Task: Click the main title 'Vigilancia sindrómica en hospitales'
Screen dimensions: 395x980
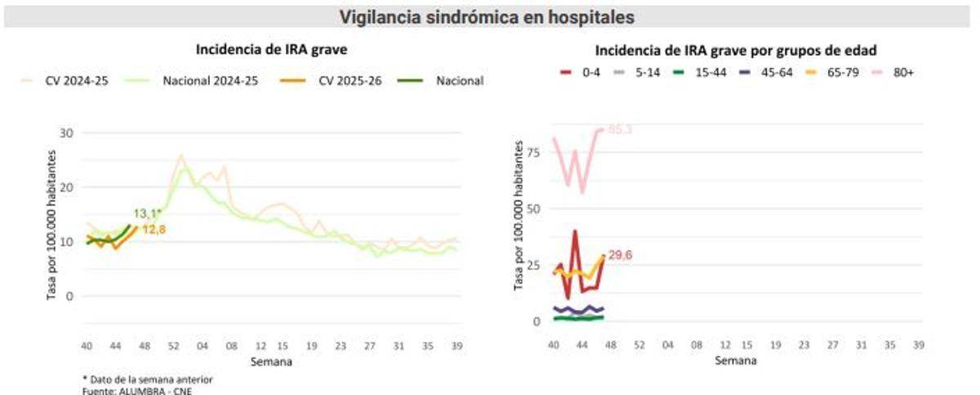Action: pos(487,16)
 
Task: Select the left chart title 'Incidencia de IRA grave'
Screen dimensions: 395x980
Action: pos(271,50)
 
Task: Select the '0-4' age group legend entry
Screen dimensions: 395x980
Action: pos(584,73)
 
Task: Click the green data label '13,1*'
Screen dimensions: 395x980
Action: pos(147,214)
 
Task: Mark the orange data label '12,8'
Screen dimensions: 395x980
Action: pos(154,231)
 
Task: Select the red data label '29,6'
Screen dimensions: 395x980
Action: pos(620,255)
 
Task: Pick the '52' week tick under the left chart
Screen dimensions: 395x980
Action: pos(173,346)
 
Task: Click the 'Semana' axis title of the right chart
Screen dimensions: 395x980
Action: pos(737,361)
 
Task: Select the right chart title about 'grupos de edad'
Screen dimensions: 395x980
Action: pos(736,50)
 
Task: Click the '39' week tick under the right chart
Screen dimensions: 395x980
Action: pos(920,346)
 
